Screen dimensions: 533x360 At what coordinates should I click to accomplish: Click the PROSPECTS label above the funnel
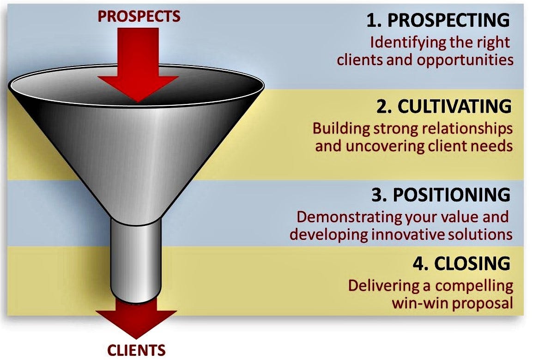coord(139,16)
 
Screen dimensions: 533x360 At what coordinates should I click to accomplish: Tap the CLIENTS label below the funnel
coord(136,350)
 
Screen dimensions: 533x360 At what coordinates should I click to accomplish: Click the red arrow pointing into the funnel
coord(138,65)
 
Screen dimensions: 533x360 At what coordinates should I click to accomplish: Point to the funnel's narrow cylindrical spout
coord(136,260)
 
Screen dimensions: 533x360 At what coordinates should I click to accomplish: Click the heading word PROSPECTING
coord(448,20)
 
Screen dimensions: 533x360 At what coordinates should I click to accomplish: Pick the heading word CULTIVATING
coord(454,106)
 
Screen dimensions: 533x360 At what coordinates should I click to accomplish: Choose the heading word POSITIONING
coord(451,195)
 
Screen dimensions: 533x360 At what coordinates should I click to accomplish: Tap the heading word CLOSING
coord(472,263)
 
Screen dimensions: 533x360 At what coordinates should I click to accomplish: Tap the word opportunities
coord(465,61)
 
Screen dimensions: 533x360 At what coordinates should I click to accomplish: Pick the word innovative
coord(410,235)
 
